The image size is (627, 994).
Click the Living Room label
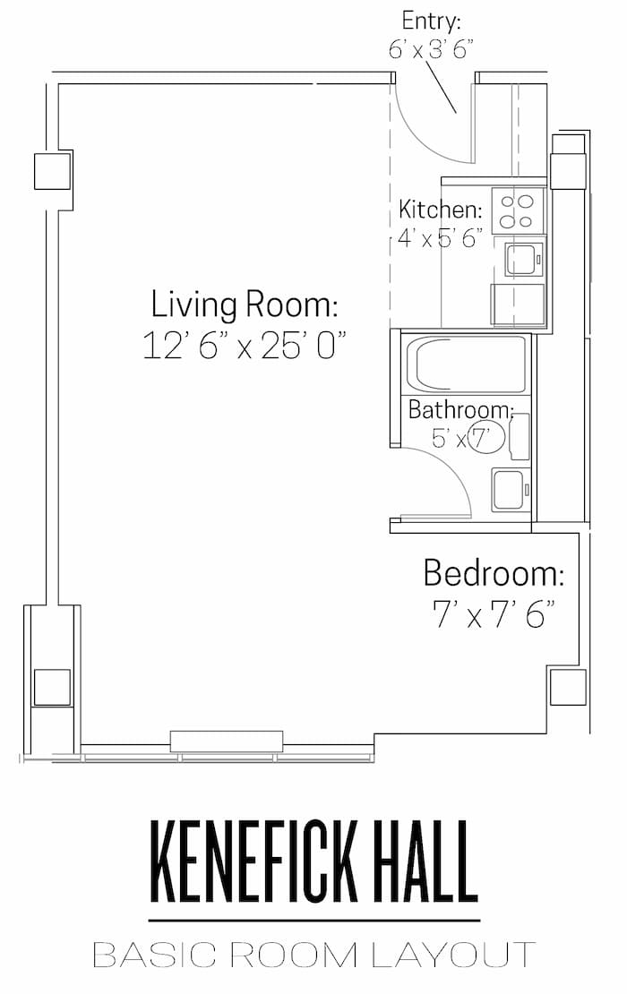[244, 305]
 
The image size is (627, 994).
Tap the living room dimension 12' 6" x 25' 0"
[244, 346]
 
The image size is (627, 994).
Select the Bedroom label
[494, 573]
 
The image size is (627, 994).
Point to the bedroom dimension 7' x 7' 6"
[494, 613]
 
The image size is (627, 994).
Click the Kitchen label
[440, 209]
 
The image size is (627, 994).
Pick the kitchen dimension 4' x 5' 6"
[440, 237]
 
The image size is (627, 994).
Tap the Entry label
[431, 21]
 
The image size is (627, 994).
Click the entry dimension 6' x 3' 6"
[431, 49]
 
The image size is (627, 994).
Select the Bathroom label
[460, 409]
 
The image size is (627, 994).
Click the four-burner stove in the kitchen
[518, 211]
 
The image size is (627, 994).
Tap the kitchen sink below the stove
[524, 259]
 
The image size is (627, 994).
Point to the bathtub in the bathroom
[466, 364]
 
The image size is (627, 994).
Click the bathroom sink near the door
[511, 490]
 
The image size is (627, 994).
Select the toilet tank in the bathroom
[520, 436]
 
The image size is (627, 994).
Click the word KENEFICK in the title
[253, 862]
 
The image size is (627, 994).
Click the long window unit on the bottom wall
[227, 741]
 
